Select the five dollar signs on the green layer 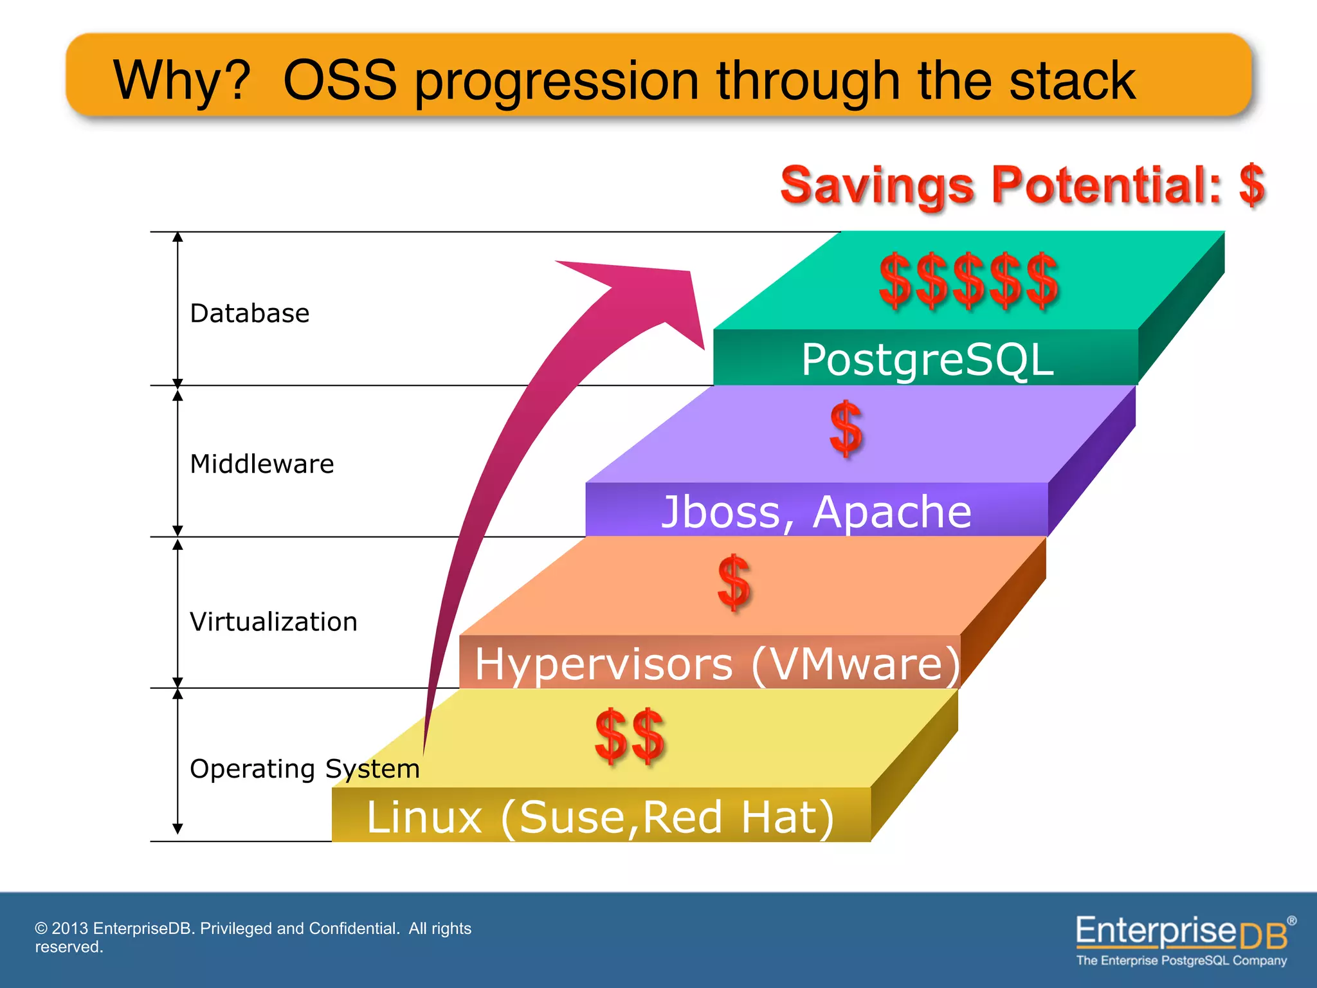[968, 280]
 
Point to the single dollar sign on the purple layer [846, 428]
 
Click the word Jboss [721, 512]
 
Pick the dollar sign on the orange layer [734, 582]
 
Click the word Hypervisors [604, 664]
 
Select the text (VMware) [855, 664]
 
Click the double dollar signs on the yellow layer [630, 736]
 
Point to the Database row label [250, 313]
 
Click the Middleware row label [262, 464]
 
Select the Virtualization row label [273, 622]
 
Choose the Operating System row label [304, 769]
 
